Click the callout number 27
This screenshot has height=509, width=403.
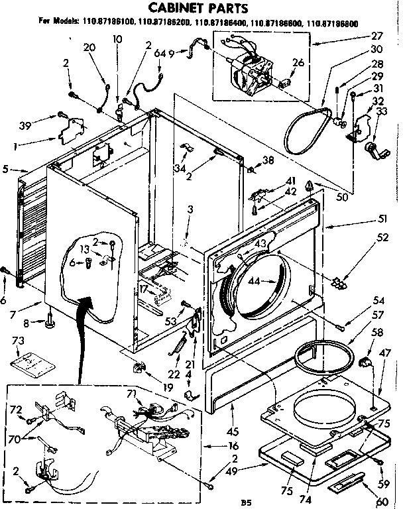pos(378,37)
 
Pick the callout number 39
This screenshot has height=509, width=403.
pos(25,125)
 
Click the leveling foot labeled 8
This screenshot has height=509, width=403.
pos(50,323)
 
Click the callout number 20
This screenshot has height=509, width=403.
pos(89,48)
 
